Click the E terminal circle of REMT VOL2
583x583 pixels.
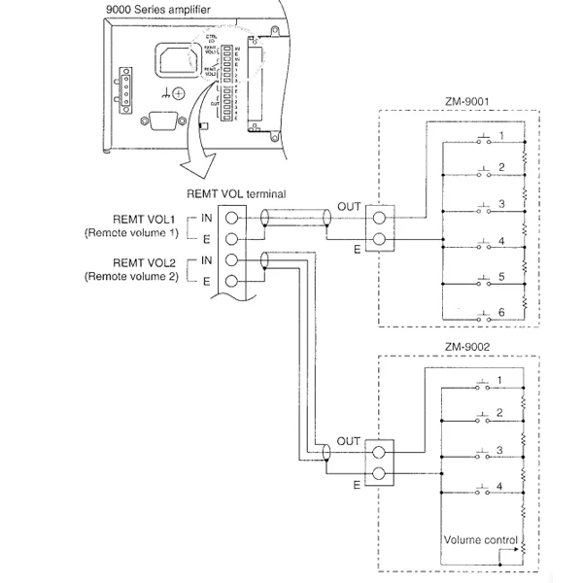click(x=233, y=282)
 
